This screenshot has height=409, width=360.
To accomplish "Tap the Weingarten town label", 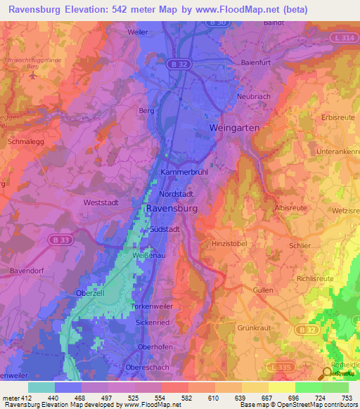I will click(235, 128).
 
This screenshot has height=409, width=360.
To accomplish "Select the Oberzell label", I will click(90, 293).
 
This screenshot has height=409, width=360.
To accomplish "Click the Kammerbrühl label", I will click(185, 171).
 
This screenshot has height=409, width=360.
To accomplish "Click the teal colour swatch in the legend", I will click(41, 387).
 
